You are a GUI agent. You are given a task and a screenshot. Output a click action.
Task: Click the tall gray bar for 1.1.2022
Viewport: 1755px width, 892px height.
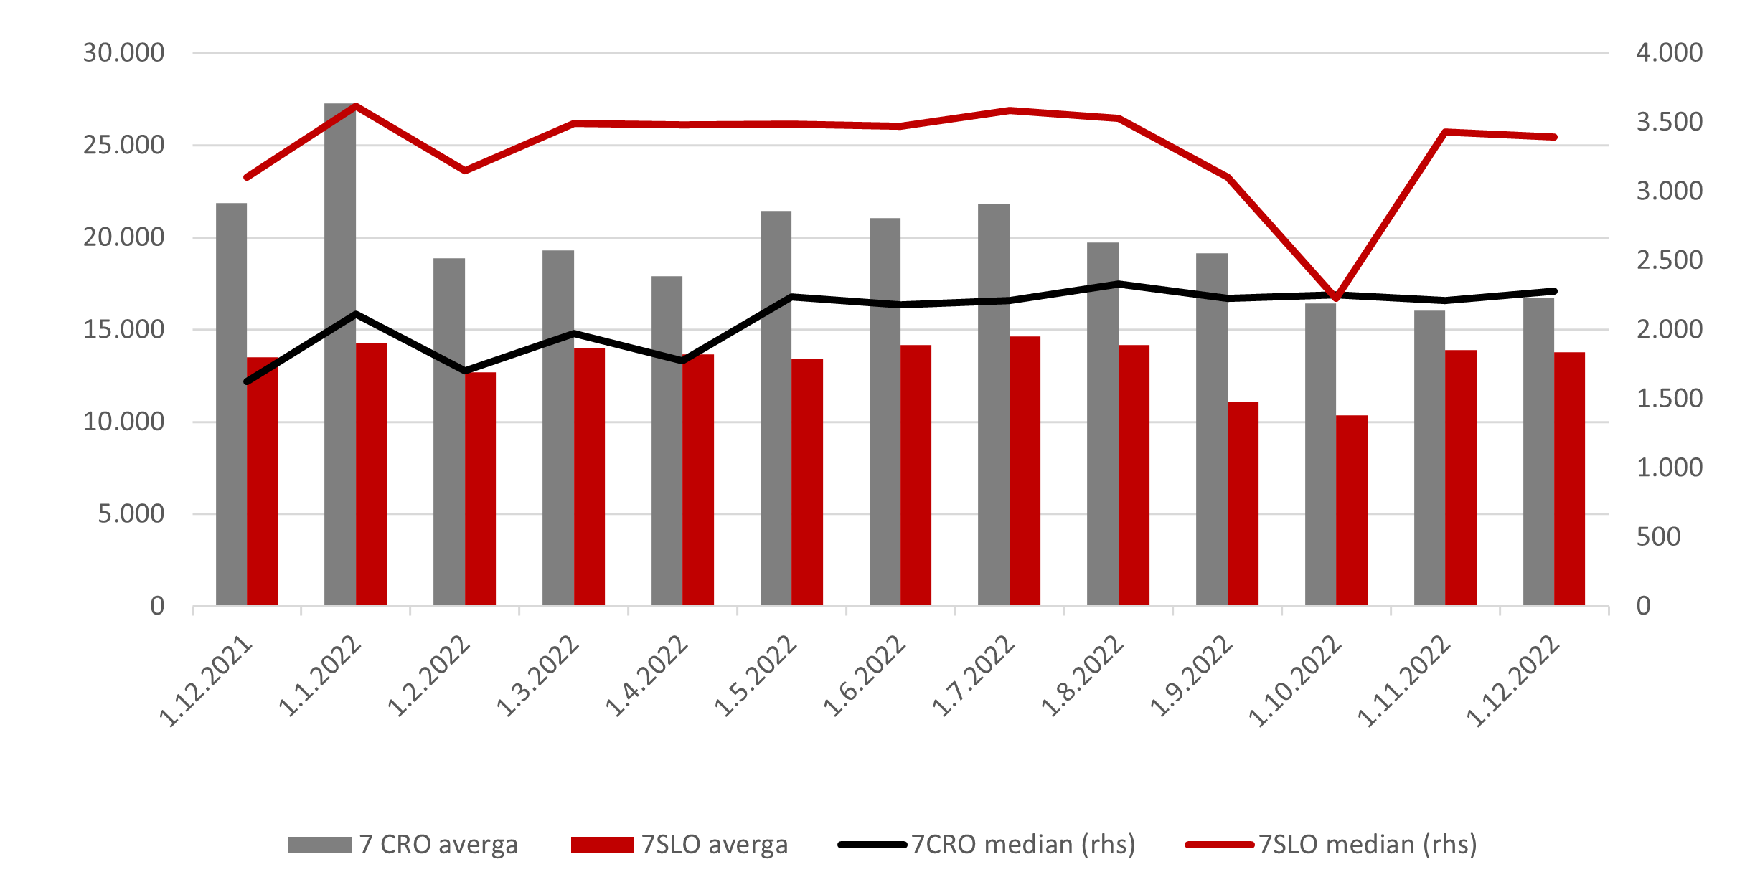(x=339, y=359)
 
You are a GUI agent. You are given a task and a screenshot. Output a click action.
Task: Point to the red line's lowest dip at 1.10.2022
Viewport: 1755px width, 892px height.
(x=1336, y=298)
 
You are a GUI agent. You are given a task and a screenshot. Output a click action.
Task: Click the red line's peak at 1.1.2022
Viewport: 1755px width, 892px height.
(x=357, y=106)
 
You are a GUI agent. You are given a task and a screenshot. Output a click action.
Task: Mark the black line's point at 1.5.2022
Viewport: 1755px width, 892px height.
(x=791, y=296)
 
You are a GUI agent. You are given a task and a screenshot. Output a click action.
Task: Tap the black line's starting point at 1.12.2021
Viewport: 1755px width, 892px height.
(x=247, y=381)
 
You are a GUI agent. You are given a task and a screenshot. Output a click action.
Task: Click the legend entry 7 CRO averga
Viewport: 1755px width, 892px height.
(x=402, y=845)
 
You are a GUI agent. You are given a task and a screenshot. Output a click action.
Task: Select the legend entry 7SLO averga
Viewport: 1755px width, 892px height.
(x=679, y=845)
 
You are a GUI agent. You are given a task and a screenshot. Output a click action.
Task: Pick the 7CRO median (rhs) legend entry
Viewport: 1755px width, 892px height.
(x=987, y=845)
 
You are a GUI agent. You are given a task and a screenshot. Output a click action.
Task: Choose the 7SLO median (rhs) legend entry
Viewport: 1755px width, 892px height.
(x=1331, y=845)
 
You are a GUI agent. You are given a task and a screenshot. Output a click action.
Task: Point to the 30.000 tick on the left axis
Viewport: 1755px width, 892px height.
(x=123, y=53)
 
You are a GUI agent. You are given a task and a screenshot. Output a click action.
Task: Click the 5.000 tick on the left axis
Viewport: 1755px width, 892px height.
(x=131, y=514)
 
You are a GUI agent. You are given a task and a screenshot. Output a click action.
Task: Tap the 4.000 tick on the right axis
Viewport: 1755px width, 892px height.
(x=1669, y=53)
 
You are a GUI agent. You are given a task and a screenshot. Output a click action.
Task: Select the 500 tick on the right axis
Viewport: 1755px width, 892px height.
(x=1658, y=537)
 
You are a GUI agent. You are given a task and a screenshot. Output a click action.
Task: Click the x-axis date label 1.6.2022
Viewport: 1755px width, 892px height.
(x=865, y=676)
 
